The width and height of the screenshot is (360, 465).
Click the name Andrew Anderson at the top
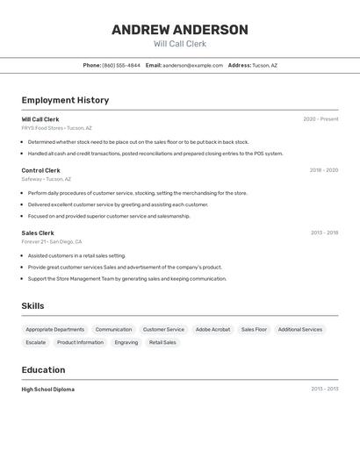tap(180, 30)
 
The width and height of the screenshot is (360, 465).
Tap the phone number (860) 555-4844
tap(121, 65)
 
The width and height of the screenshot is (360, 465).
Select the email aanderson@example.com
tap(192, 65)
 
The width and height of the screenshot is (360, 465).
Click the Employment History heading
tap(65, 100)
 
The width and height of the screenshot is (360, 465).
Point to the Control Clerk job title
tap(40, 170)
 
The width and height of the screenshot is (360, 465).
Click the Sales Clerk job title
tap(38, 232)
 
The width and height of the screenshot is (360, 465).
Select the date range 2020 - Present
tap(320, 119)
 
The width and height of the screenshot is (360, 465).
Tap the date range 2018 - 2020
tap(323, 170)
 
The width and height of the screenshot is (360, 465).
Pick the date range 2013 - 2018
tap(324, 232)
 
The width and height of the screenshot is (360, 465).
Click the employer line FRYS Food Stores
tap(56, 128)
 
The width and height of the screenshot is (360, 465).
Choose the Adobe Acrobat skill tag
tap(212, 329)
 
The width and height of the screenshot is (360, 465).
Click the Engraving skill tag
tap(126, 342)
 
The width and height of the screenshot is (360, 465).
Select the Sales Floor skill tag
tap(254, 329)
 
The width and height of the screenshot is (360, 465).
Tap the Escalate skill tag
tap(36, 342)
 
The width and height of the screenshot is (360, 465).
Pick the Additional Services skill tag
tap(299, 329)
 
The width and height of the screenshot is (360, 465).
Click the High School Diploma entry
tap(47, 389)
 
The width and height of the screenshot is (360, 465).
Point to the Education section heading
tap(43, 369)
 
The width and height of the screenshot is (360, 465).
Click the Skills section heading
tap(33, 305)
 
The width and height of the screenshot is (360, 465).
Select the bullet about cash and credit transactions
tap(155, 154)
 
